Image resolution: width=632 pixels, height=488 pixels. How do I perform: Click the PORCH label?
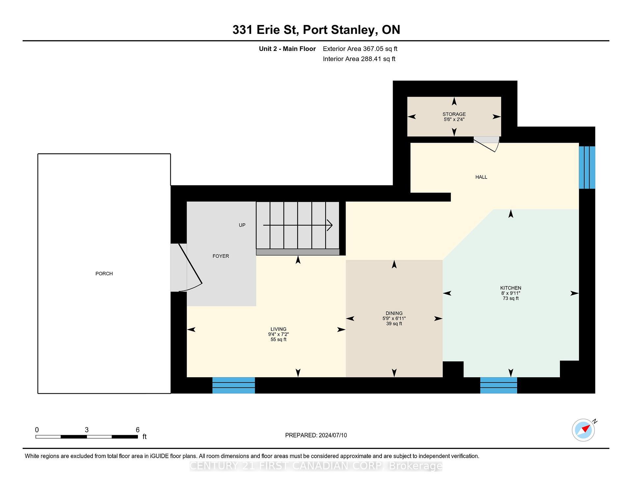[x=104, y=274]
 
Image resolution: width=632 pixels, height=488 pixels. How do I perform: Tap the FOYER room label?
[x=221, y=256]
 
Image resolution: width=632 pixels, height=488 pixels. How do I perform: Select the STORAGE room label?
[x=454, y=114]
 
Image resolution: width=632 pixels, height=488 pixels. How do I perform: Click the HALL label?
[x=481, y=177]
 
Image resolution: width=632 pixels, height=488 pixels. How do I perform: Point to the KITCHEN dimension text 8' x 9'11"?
[x=511, y=293]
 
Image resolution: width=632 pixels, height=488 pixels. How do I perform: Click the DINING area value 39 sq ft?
[x=394, y=324]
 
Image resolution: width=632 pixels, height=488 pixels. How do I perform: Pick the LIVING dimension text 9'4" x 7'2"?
[x=278, y=334]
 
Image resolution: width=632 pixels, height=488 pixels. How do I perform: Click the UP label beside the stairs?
[x=242, y=225]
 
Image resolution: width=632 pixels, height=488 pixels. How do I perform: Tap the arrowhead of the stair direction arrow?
[x=330, y=225]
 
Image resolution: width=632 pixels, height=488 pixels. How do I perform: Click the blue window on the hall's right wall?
[x=587, y=167]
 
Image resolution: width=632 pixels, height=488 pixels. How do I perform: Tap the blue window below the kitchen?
[x=498, y=385]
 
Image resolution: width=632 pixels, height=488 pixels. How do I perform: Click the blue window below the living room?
[x=233, y=385]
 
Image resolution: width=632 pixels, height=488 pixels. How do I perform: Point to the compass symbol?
[x=583, y=430]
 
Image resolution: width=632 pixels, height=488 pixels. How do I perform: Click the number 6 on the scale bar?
[x=138, y=430]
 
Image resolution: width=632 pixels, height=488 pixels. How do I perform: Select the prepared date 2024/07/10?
[x=332, y=435]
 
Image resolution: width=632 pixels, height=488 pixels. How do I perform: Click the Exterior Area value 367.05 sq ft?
[x=380, y=49]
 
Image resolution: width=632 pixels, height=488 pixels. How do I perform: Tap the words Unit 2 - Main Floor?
[x=287, y=49]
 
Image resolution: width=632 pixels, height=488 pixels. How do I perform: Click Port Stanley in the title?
[x=340, y=30]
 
